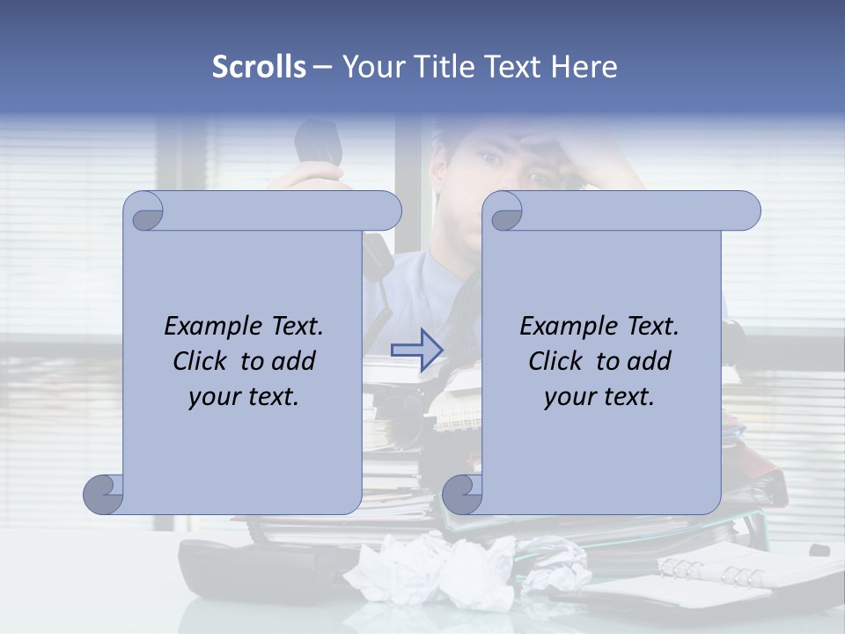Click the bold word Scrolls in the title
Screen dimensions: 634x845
coord(260,67)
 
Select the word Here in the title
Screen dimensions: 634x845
coord(584,67)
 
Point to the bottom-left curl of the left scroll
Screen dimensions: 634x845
coord(104,494)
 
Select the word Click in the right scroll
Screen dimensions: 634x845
coord(555,361)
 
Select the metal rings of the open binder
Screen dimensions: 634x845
coord(713,572)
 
